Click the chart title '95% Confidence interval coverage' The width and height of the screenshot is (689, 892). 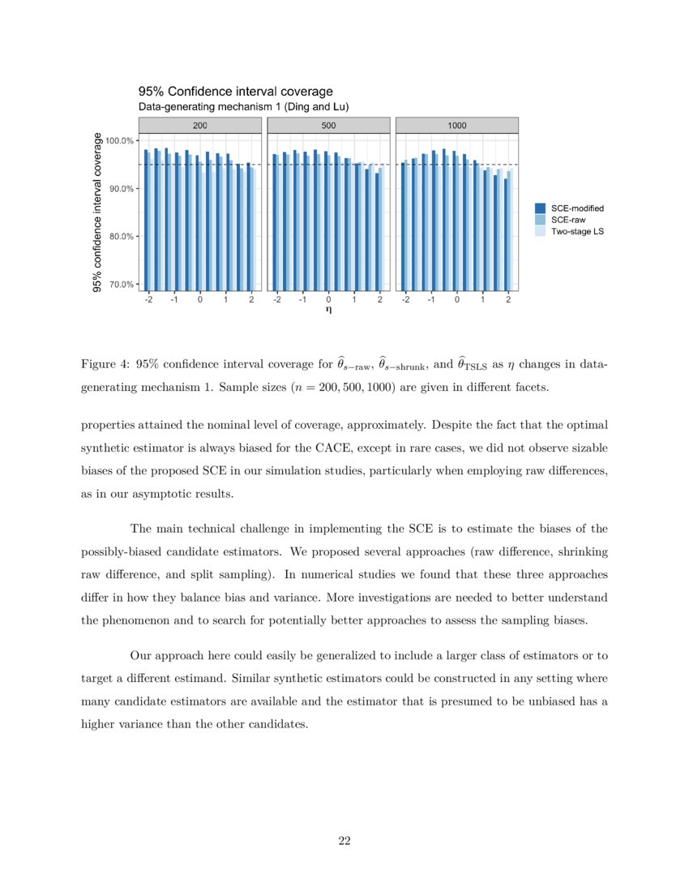click(x=235, y=92)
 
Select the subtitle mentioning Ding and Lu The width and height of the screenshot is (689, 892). click(x=244, y=107)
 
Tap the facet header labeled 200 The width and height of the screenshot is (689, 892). click(x=199, y=126)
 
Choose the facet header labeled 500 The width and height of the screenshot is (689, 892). click(x=328, y=126)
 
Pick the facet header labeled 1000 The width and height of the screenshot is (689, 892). click(x=456, y=126)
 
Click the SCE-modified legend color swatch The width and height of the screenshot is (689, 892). click(x=541, y=208)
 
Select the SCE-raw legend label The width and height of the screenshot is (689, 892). click(x=568, y=220)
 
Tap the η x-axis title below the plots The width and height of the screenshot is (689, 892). click(x=328, y=309)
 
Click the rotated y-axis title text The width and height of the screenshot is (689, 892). click(x=97, y=212)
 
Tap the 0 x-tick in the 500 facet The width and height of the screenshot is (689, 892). click(x=328, y=298)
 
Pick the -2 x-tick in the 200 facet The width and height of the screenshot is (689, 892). click(x=148, y=298)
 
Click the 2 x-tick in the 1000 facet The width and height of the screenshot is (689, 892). click(x=508, y=298)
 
